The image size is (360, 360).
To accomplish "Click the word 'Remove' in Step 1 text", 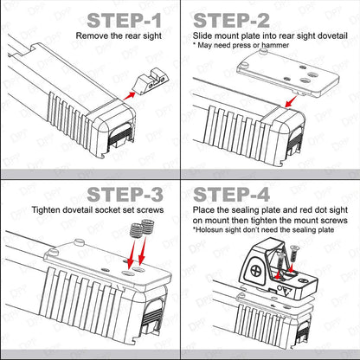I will (x=93, y=37).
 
